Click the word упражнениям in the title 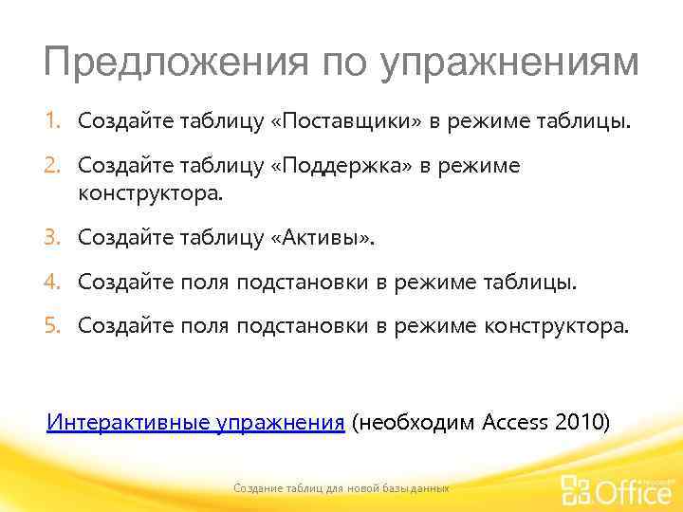point(509,64)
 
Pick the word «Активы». point(323,236)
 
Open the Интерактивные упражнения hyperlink point(195,421)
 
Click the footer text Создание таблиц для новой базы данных point(341,487)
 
